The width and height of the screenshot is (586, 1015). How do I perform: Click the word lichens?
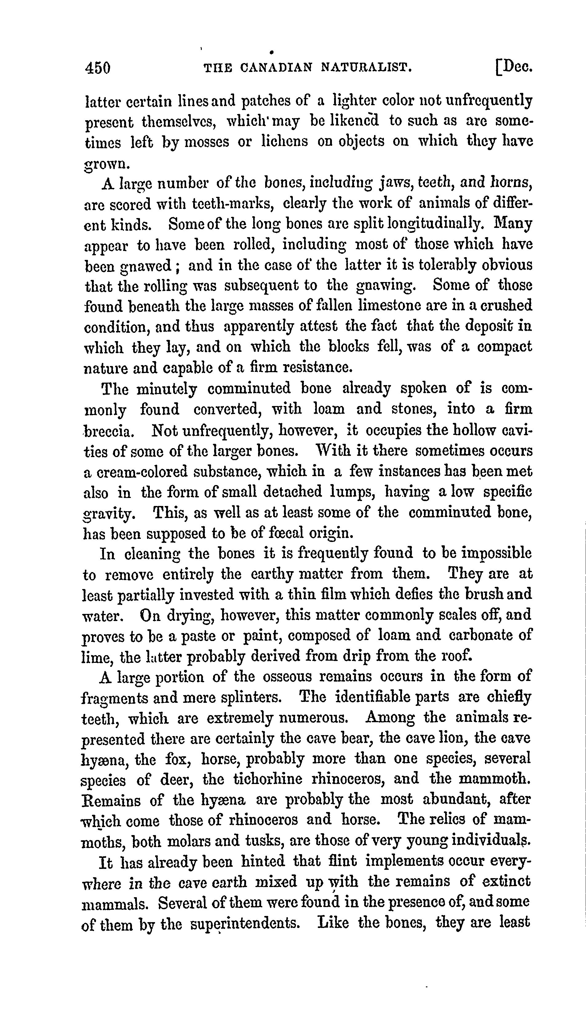pos(285,141)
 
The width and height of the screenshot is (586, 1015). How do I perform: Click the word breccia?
pos(108,431)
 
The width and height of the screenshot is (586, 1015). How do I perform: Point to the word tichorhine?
pos(268,779)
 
